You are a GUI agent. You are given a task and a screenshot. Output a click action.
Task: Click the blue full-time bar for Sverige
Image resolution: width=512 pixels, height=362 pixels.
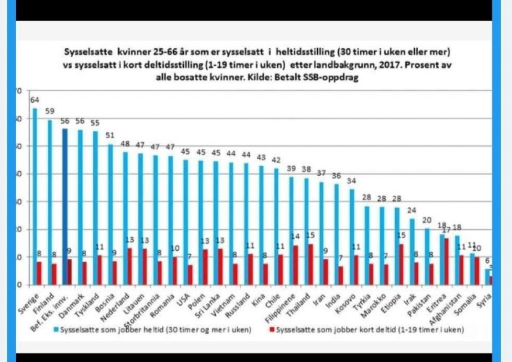[x=34, y=196]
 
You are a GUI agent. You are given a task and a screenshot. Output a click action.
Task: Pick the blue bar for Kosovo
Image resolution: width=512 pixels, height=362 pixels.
[x=352, y=237]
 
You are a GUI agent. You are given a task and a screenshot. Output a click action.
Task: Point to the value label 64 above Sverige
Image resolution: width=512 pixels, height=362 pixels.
[x=34, y=100]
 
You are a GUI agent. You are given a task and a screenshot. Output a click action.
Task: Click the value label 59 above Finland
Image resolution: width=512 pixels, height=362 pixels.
[x=50, y=111]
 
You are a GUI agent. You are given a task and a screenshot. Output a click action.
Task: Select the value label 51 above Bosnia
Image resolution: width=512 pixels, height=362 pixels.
[x=110, y=134]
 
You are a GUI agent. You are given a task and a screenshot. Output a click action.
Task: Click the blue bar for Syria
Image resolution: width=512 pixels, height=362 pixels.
[x=487, y=277]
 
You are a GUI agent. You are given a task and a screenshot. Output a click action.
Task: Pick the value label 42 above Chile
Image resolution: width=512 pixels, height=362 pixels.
[x=277, y=159]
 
